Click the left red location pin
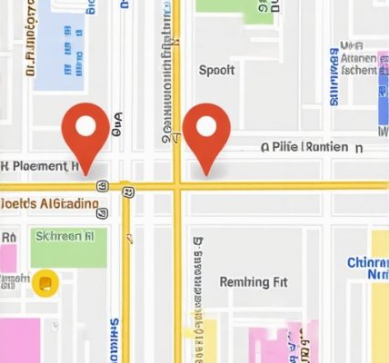click(x=85, y=132)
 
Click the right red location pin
click(x=206, y=132)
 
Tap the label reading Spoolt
click(x=216, y=70)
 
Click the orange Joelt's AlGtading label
click(x=49, y=204)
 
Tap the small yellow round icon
click(x=43, y=284)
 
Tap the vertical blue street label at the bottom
click(x=115, y=340)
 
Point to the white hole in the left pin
click(x=85, y=124)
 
